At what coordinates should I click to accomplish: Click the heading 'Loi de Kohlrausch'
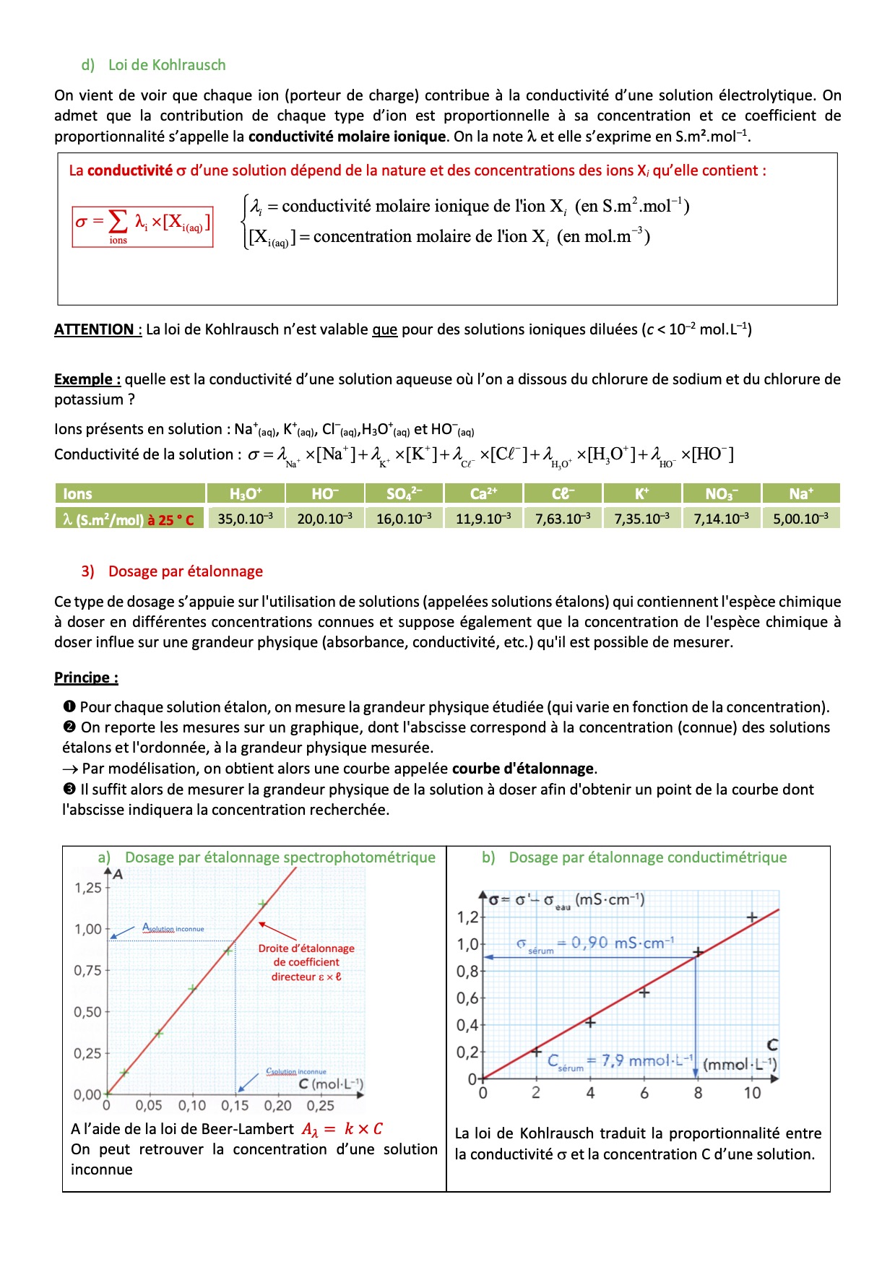(167, 65)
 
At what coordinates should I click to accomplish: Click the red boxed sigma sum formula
(142, 226)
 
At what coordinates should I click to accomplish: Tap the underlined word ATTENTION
(97, 329)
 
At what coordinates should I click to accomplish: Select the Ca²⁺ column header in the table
(483, 494)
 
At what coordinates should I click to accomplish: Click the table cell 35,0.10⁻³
(246, 519)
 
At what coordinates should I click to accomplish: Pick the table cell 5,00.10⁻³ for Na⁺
(800, 519)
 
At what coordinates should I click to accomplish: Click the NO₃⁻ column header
(721, 494)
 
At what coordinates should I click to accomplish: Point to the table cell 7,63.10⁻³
(563, 519)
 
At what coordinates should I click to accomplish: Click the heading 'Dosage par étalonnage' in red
(185, 571)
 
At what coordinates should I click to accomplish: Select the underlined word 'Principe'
(85, 678)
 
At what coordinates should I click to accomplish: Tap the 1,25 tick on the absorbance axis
(88, 888)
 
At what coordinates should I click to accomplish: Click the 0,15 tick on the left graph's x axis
(235, 1105)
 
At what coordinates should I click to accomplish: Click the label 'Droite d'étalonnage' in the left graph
(306, 948)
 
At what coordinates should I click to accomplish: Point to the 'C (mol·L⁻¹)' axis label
(331, 1084)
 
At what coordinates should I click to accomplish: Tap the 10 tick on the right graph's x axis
(752, 1093)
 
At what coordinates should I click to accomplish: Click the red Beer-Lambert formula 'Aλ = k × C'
(342, 1129)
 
